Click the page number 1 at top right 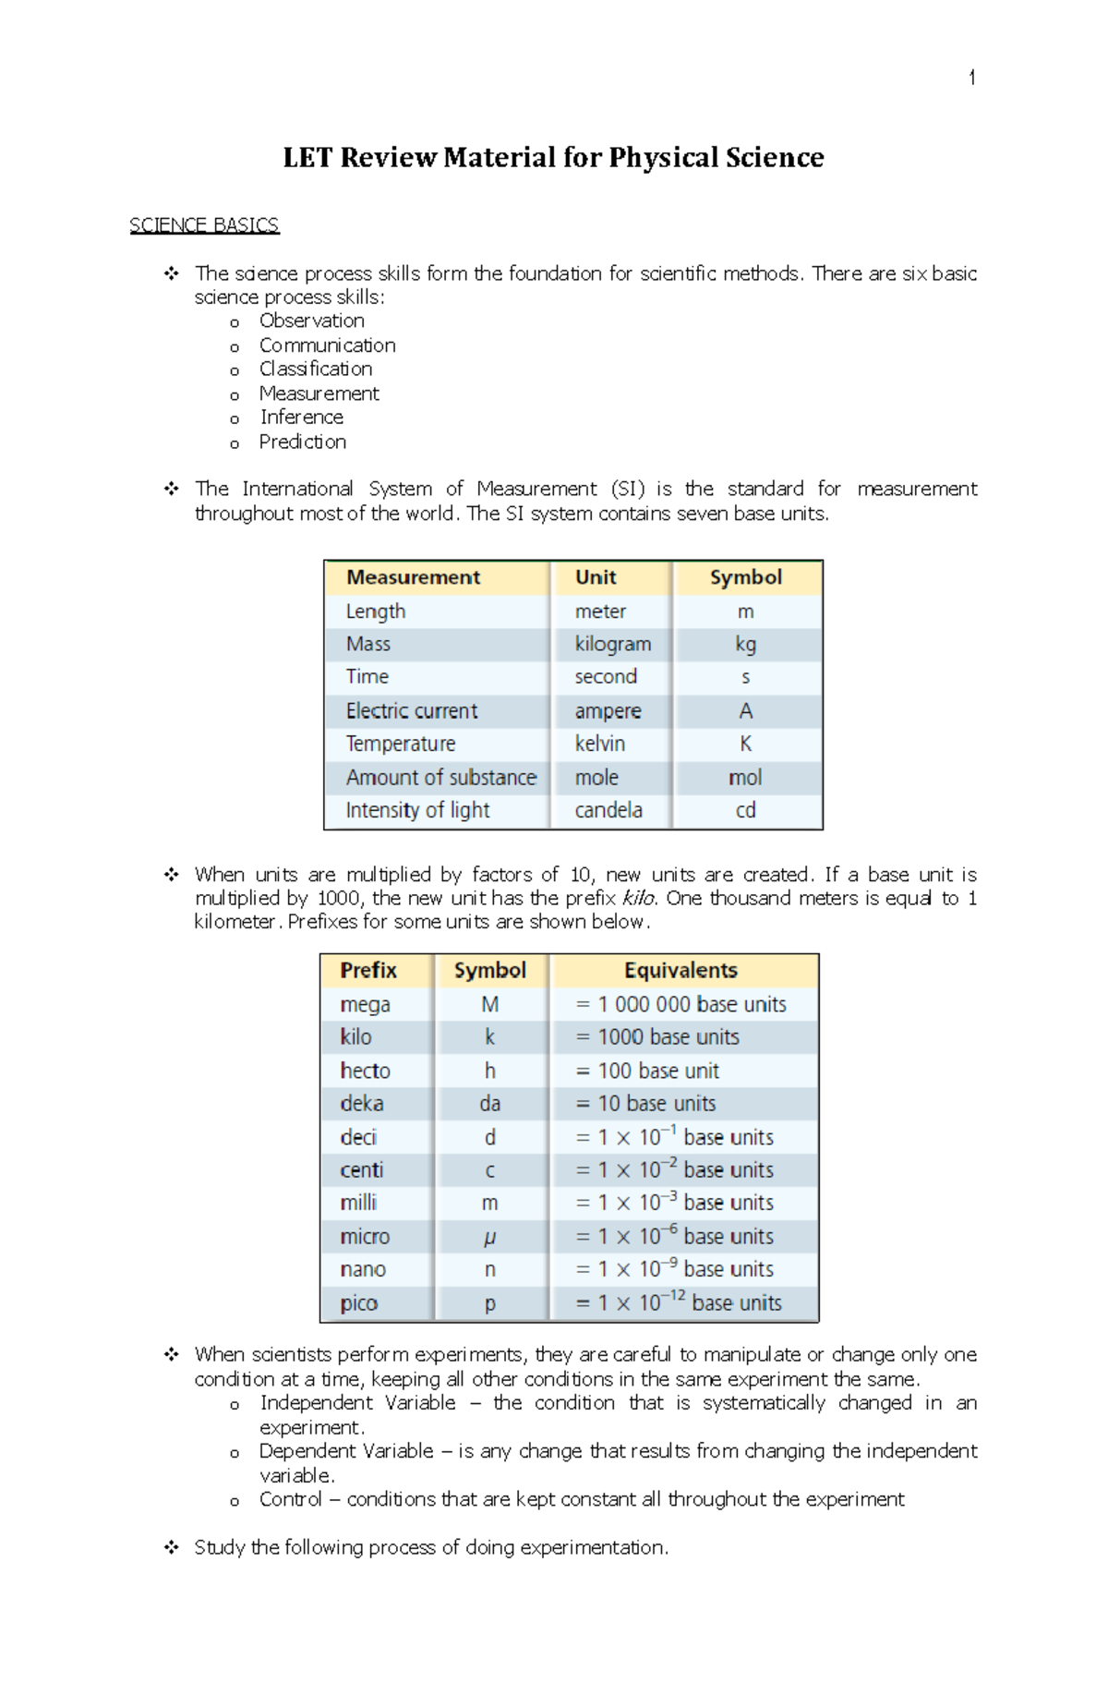coord(971,79)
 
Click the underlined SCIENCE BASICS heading coord(204,225)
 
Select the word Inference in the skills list coord(301,418)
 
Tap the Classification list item coord(316,369)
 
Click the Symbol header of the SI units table coord(745,577)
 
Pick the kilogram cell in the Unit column coord(612,644)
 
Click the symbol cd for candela coord(745,810)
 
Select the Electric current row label coord(412,710)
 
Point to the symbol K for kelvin coord(745,744)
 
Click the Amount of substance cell coord(440,777)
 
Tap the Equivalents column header coord(680,970)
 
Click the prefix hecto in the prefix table coord(365,1071)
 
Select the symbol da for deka coord(489,1104)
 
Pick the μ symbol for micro coord(489,1237)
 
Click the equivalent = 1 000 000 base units coord(680,1004)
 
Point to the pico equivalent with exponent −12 coord(679,1302)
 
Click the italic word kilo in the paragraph coord(638,898)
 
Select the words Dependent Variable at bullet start coord(346,1451)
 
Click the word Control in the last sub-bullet coord(290,1499)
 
